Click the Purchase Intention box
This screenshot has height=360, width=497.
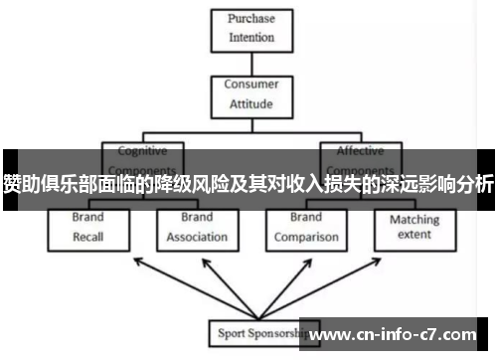pos(250,27)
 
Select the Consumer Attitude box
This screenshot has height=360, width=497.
pos(250,93)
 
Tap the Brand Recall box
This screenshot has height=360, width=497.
pos(87,227)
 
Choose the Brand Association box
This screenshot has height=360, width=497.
pos(197,227)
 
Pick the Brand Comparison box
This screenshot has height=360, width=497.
pos(306,227)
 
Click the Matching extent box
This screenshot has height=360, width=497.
pos(414,227)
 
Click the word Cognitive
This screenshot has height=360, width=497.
pos(143,151)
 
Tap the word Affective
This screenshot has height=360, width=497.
pos(359,151)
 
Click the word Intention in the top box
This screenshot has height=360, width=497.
pos(250,37)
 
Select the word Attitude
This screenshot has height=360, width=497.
pos(250,103)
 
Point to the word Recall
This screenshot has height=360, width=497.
pos(87,237)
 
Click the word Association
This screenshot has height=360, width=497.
pos(197,237)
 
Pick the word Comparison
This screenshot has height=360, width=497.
pos(306,237)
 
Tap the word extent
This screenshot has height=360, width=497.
pos(414,235)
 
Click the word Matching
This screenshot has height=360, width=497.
pos(414,219)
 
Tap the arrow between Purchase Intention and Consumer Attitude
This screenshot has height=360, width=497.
pos(251,63)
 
